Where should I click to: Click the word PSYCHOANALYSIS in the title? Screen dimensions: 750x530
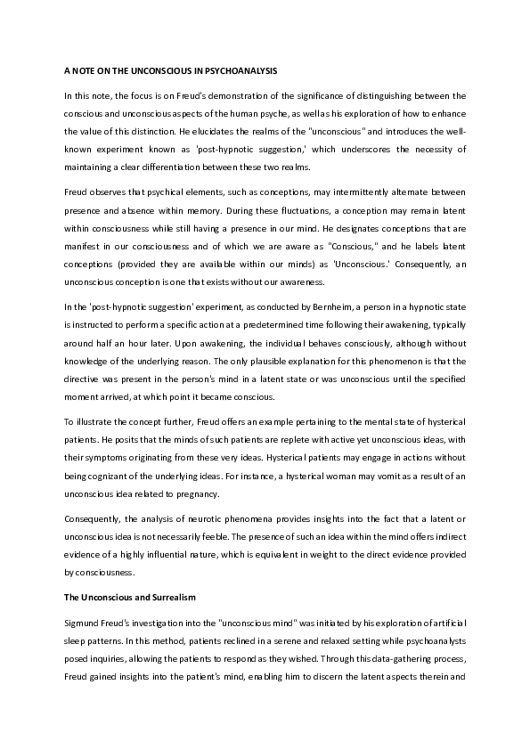coord(262,69)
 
